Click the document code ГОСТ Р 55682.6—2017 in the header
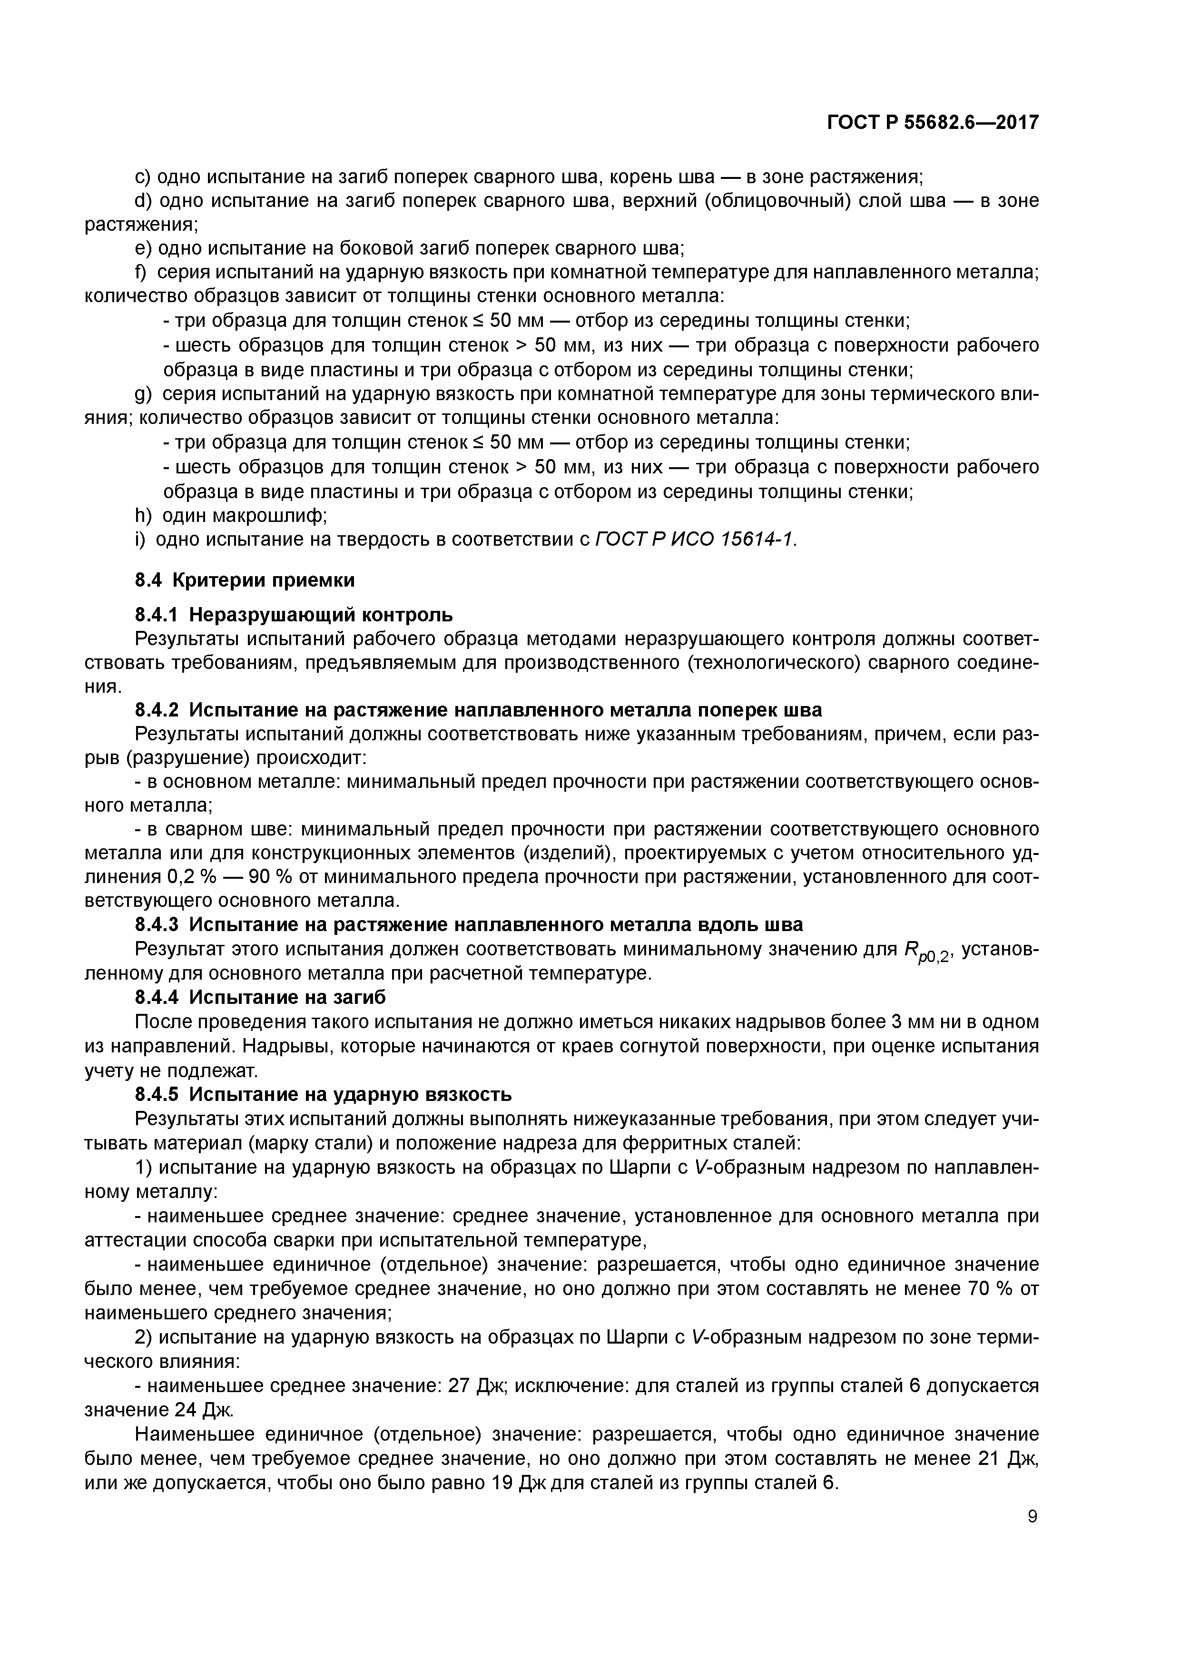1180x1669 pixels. (933, 123)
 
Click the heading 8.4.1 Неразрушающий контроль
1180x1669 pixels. (294, 615)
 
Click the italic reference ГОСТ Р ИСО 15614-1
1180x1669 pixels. (694, 540)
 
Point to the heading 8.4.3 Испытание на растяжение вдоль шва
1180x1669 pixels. (469, 924)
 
